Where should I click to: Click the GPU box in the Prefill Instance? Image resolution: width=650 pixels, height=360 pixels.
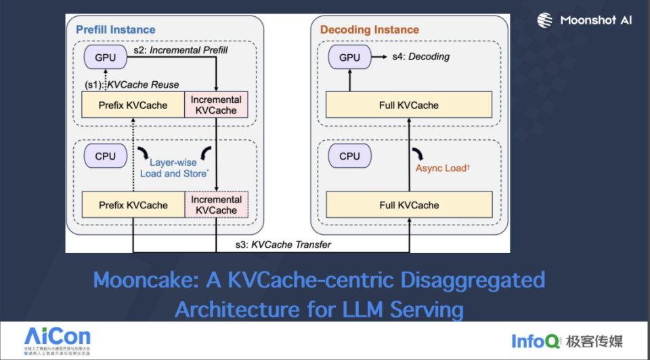click(x=105, y=58)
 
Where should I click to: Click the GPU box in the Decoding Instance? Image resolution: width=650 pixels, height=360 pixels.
click(x=349, y=58)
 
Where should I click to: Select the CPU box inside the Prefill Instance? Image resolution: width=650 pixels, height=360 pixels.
click(x=105, y=156)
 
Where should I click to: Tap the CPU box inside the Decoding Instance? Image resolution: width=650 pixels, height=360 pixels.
click(x=349, y=156)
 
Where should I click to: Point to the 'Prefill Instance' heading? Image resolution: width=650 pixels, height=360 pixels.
click(x=115, y=30)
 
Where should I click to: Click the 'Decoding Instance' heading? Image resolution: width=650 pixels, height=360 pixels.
click(x=369, y=30)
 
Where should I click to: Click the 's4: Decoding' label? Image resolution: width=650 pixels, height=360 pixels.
click(x=420, y=57)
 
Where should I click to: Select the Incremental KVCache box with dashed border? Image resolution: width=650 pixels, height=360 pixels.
click(x=216, y=205)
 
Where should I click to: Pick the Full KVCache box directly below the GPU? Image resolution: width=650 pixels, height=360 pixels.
click(x=409, y=105)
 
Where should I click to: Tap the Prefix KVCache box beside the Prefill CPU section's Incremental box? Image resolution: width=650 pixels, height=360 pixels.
click(x=133, y=205)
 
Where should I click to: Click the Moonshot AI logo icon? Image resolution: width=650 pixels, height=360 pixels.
click(x=545, y=20)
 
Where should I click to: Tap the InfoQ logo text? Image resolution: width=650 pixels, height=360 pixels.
click(x=535, y=340)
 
